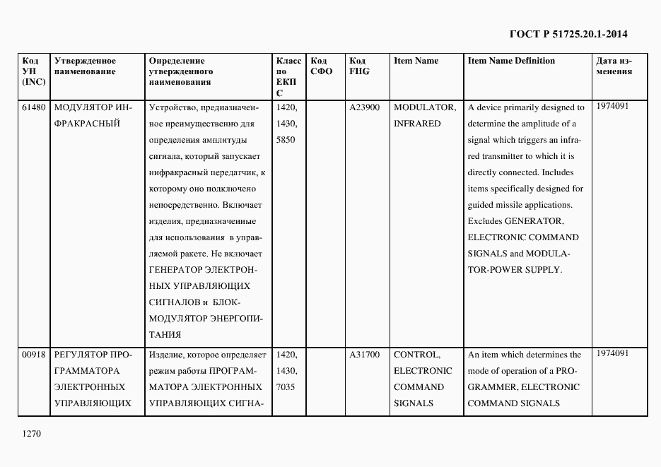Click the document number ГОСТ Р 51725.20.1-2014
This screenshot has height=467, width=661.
click(x=568, y=34)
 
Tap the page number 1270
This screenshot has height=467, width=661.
click(x=33, y=435)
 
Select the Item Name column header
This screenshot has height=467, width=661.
click(x=416, y=61)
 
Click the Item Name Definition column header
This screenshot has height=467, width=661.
click(x=511, y=61)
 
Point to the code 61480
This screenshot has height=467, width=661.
click(x=34, y=107)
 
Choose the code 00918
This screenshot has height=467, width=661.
click(x=34, y=355)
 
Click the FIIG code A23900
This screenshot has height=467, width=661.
click(x=365, y=107)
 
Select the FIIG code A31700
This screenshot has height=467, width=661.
click(x=365, y=355)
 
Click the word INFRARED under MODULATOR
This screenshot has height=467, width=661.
click(x=417, y=124)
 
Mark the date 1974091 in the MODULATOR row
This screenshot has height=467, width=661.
click(x=612, y=106)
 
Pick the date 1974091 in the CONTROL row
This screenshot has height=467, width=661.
click(x=612, y=353)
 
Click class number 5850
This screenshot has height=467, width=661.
click(x=286, y=140)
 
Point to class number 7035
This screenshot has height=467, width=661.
click(x=286, y=387)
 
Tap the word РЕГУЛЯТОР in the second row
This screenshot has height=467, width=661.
click(x=79, y=355)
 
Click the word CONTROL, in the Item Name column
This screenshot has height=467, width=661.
click(x=417, y=355)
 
